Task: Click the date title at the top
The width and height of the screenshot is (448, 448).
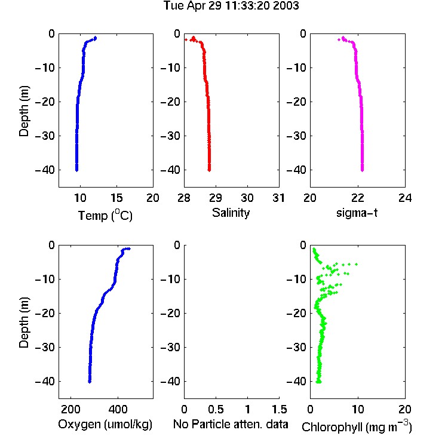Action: tap(231, 5)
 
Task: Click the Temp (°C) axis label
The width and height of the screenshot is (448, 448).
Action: tap(105, 215)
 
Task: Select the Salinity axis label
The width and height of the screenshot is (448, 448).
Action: tap(231, 213)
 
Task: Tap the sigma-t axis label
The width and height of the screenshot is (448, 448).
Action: tap(357, 213)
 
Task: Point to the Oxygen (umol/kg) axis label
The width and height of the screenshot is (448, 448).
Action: tap(105, 425)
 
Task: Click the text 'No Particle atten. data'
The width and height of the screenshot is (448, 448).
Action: tap(231, 424)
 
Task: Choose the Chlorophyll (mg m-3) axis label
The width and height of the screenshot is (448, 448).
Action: tap(357, 426)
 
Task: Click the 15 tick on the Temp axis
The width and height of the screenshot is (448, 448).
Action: tap(116, 198)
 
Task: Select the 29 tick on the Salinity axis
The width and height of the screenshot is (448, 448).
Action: tap(216, 198)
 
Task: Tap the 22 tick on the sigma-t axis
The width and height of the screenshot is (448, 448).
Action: tap(358, 198)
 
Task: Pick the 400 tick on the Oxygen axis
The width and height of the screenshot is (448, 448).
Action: tap(118, 409)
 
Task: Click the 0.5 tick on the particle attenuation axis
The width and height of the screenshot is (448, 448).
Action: tap(216, 409)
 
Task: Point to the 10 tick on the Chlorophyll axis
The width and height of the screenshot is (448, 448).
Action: tap(358, 409)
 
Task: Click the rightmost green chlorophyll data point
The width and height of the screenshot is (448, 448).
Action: tap(356, 264)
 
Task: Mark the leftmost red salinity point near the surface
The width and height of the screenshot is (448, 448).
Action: tap(186, 39)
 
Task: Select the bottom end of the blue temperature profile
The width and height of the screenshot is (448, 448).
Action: tap(76, 170)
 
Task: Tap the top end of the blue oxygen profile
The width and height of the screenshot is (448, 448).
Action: tap(129, 248)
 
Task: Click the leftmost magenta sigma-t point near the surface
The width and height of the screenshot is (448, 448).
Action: tap(339, 39)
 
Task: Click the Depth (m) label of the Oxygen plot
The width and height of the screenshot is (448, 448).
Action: tap(24, 323)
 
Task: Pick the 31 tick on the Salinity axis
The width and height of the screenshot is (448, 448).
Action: tap(278, 198)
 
